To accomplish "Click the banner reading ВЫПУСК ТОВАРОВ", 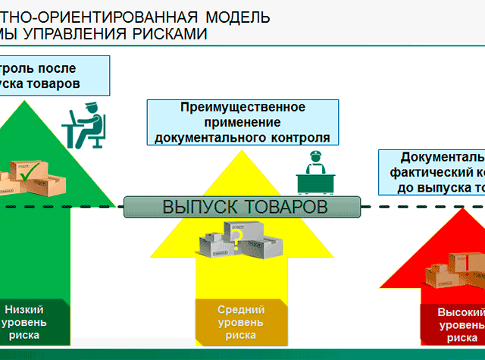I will pos(245,206).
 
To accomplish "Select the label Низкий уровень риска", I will pos(25,321).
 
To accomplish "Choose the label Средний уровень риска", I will pos(240,321).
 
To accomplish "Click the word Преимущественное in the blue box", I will pos(242,107).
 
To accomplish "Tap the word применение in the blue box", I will pos(242,122).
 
